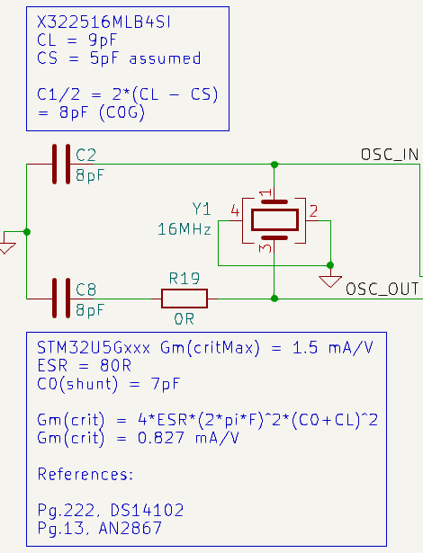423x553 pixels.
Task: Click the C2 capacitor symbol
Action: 61,165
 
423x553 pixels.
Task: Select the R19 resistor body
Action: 184,298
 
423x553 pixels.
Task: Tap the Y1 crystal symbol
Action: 274,219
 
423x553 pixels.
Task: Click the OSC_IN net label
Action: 389,155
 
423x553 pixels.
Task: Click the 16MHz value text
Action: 184,229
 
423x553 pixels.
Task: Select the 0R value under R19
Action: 184,317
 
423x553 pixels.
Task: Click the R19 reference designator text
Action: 184,278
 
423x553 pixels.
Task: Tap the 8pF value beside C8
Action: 90,309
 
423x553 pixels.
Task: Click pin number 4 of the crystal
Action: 235,210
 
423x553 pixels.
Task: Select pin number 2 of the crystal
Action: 313,210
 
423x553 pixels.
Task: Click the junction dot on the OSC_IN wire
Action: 274,165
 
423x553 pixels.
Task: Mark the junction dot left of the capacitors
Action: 27,231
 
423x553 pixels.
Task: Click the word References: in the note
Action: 85,474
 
